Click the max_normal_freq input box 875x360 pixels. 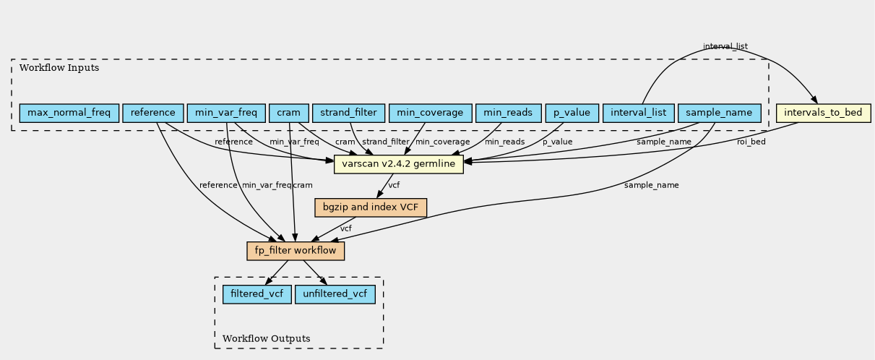click(x=69, y=113)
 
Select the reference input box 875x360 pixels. click(x=152, y=113)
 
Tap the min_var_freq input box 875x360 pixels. click(x=226, y=113)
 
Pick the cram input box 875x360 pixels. click(x=289, y=113)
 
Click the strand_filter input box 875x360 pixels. click(x=348, y=113)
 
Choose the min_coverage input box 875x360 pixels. click(x=430, y=113)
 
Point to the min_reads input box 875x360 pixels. click(x=508, y=113)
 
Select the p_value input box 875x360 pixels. click(x=572, y=113)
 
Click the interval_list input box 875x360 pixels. click(x=638, y=113)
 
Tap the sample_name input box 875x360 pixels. click(x=719, y=113)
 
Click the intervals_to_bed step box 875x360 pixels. click(x=823, y=113)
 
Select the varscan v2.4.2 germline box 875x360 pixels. click(x=398, y=164)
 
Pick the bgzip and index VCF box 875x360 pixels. click(x=371, y=207)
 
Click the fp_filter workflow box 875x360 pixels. click(x=296, y=251)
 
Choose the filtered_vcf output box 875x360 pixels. click(x=257, y=294)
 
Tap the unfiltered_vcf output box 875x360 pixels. click(x=335, y=294)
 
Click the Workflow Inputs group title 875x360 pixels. click(x=59, y=68)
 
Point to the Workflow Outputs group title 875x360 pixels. click(x=267, y=339)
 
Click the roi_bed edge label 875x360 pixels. click(x=751, y=142)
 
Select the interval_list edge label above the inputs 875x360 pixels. click(x=725, y=46)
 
